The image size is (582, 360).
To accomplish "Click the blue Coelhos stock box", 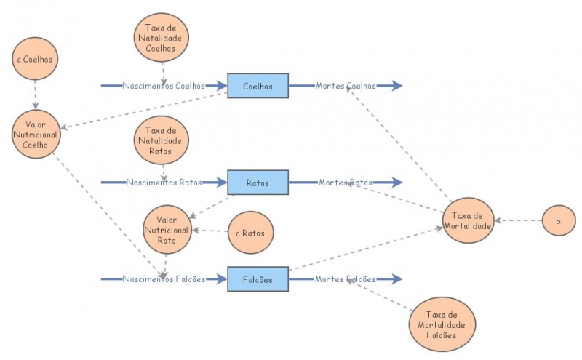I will (258, 86).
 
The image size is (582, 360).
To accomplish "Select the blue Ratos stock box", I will (258, 183).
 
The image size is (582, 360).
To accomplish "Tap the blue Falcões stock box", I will (258, 279).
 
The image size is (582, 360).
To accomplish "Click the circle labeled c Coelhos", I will (36, 58).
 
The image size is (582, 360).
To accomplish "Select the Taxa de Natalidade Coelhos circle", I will (162, 38).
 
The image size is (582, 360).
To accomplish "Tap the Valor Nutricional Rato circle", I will (167, 230).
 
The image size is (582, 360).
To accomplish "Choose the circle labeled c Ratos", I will (250, 233).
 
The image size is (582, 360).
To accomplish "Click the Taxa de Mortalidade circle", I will (469, 220).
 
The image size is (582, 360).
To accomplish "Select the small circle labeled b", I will (558, 220).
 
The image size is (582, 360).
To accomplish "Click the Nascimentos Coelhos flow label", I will (164, 86).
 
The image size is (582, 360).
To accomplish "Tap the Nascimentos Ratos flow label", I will (164, 183).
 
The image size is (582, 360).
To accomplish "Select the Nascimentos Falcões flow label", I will (164, 279).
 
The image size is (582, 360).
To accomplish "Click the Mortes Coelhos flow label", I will (346, 86).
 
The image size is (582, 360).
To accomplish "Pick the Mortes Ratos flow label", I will (346, 183).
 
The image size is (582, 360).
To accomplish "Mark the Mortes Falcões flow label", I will (346, 279).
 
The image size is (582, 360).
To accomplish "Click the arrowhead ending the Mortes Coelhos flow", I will (394, 86).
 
